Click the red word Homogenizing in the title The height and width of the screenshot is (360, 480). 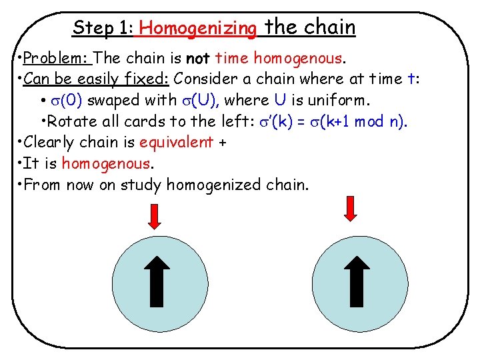point(199,28)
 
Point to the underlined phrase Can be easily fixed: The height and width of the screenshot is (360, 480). point(97,79)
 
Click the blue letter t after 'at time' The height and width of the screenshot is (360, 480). point(409,79)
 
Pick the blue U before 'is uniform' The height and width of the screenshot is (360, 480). point(279,101)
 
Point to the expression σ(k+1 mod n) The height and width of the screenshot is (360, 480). point(363,122)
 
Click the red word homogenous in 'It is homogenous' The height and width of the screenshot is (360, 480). point(107,163)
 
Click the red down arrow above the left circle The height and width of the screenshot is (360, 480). point(153,217)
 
